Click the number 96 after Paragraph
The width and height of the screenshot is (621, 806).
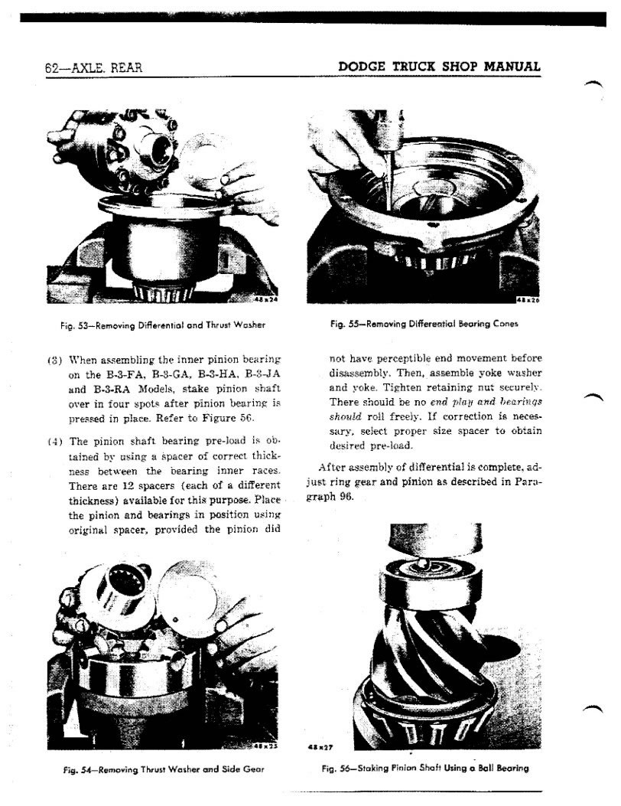click(x=346, y=495)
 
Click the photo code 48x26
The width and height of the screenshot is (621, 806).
click(x=528, y=299)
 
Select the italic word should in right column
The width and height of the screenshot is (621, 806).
click(x=346, y=416)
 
